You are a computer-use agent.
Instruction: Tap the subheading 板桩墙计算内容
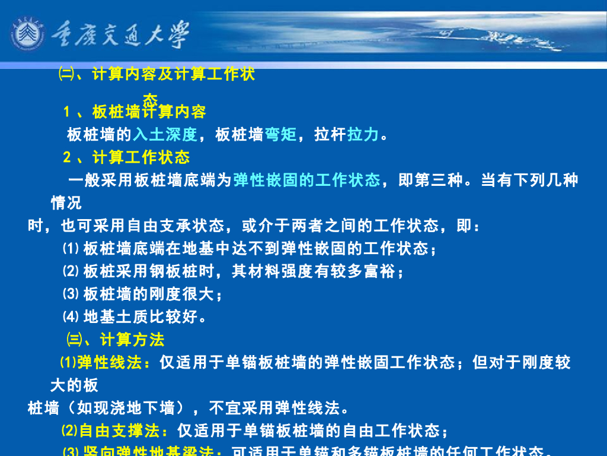[149, 112]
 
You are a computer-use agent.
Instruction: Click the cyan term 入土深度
[165, 135]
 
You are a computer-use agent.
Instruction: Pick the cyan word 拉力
[363, 135]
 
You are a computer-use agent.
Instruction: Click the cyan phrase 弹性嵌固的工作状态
[306, 180]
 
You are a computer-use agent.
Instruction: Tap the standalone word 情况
[66, 203]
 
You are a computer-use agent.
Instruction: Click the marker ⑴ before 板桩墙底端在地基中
[70, 249]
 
